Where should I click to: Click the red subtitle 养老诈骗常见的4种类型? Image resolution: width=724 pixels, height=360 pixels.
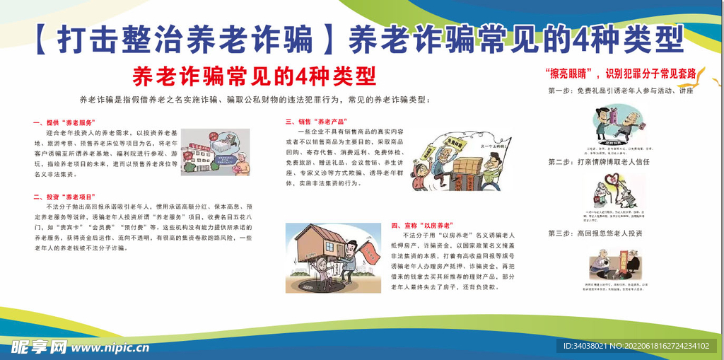pyautogui.click(x=254, y=76)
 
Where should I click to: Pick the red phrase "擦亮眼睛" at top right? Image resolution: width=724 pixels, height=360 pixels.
pyautogui.click(x=570, y=73)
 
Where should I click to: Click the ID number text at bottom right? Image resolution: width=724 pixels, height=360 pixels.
pyautogui.click(x=636, y=346)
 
